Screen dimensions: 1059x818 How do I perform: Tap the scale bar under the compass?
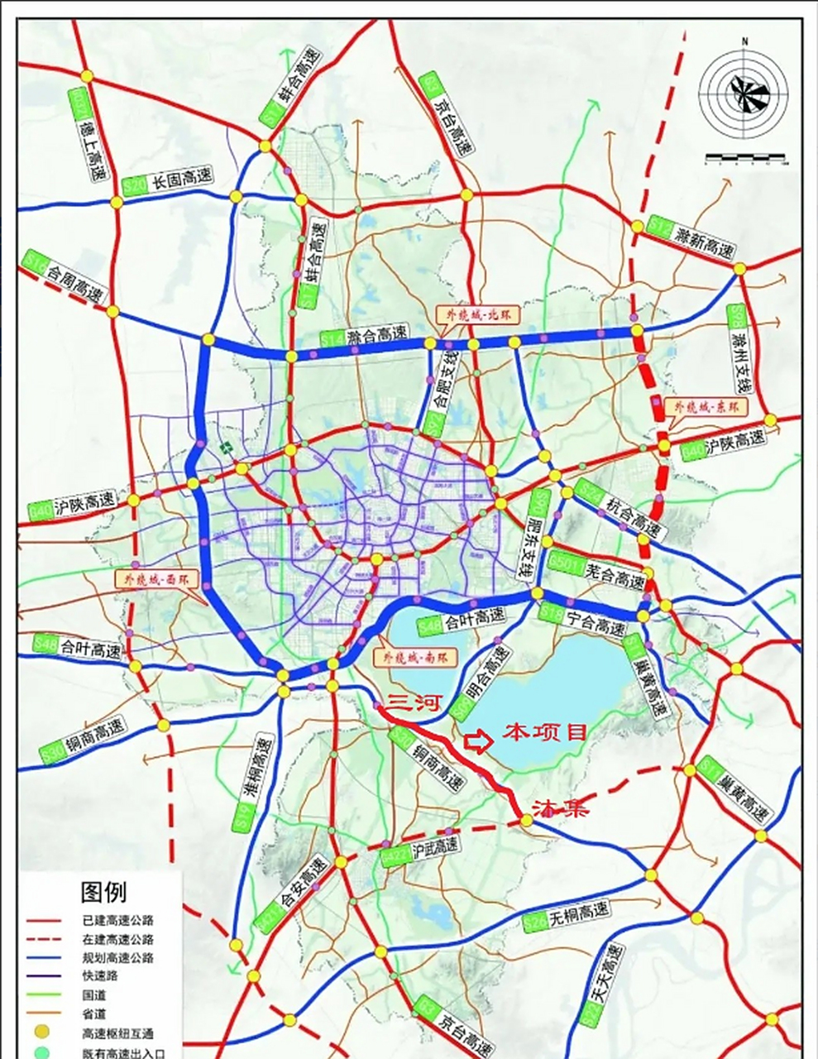click(x=746, y=158)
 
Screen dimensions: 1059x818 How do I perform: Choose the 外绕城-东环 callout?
click(x=701, y=407)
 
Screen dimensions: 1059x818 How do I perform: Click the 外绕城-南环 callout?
click(x=409, y=659)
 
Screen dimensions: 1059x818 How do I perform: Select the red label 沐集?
click(x=561, y=809)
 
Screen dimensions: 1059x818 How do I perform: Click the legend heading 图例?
click(x=103, y=893)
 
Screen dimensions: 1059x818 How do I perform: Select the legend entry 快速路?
click(x=98, y=976)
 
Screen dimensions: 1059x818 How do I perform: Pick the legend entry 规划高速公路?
click(x=117, y=958)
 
